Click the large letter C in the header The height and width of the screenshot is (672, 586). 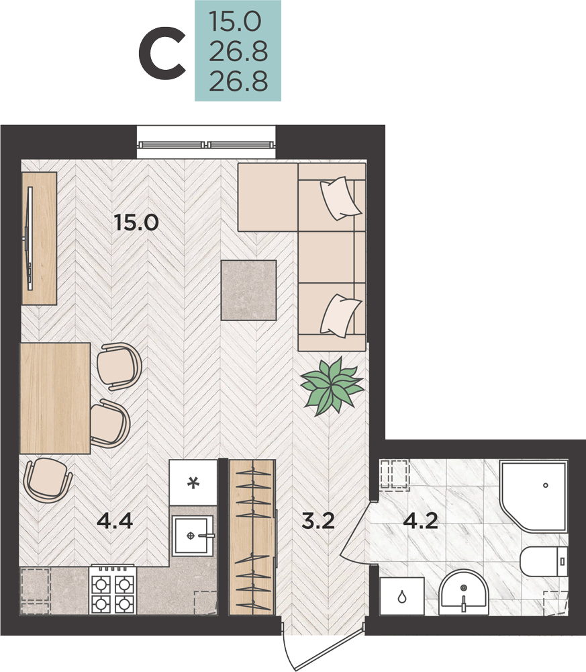pos(162,52)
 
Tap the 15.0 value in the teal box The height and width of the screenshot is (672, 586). pos(234,22)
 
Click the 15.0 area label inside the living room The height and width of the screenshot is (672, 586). pos(136,223)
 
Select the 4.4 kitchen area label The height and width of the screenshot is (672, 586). pos(115,521)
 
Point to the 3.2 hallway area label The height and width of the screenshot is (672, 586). pos(318,521)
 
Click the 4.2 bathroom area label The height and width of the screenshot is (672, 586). pos(421,521)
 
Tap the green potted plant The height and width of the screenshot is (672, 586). pos(332,386)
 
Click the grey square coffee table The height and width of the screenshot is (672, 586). pos(248,290)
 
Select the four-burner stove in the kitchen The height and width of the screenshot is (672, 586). pos(113,590)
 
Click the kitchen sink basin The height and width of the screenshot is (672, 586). pos(193,536)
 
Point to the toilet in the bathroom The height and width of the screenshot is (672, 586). pos(544,561)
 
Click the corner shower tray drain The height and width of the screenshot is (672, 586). pos(545,485)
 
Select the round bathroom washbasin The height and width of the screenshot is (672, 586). pos(464,592)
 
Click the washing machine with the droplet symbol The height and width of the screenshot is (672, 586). pos(402,596)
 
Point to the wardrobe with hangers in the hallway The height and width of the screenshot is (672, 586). pos(252,537)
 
